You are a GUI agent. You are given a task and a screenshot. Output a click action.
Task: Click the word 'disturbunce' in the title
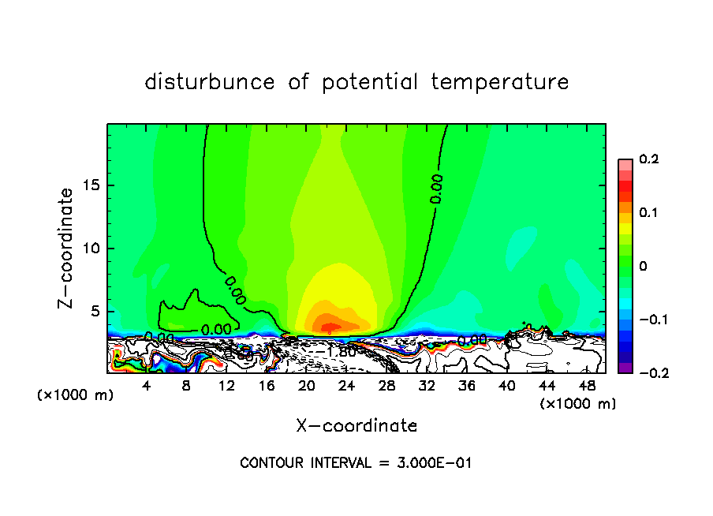click(x=209, y=82)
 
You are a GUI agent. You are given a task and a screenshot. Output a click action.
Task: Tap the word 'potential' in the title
click(x=366, y=82)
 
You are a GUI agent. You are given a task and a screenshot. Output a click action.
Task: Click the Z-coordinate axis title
click(x=68, y=248)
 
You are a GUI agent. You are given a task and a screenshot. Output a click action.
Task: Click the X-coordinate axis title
click(x=356, y=426)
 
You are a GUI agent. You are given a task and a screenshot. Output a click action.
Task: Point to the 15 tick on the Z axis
click(x=94, y=186)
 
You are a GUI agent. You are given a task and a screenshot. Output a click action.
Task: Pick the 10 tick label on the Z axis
click(x=94, y=249)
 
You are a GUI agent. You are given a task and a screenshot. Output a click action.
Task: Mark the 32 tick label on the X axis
click(x=427, y=385)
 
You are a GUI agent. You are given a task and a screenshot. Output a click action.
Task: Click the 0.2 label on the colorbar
click(x=648, y=159)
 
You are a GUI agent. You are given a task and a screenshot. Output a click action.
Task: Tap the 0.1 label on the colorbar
click(x=648, y=213)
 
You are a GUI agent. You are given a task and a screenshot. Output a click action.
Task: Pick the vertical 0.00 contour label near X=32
click(x=436, y=189)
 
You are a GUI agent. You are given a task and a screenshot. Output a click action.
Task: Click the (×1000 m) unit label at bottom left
click(x=76, y=395)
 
